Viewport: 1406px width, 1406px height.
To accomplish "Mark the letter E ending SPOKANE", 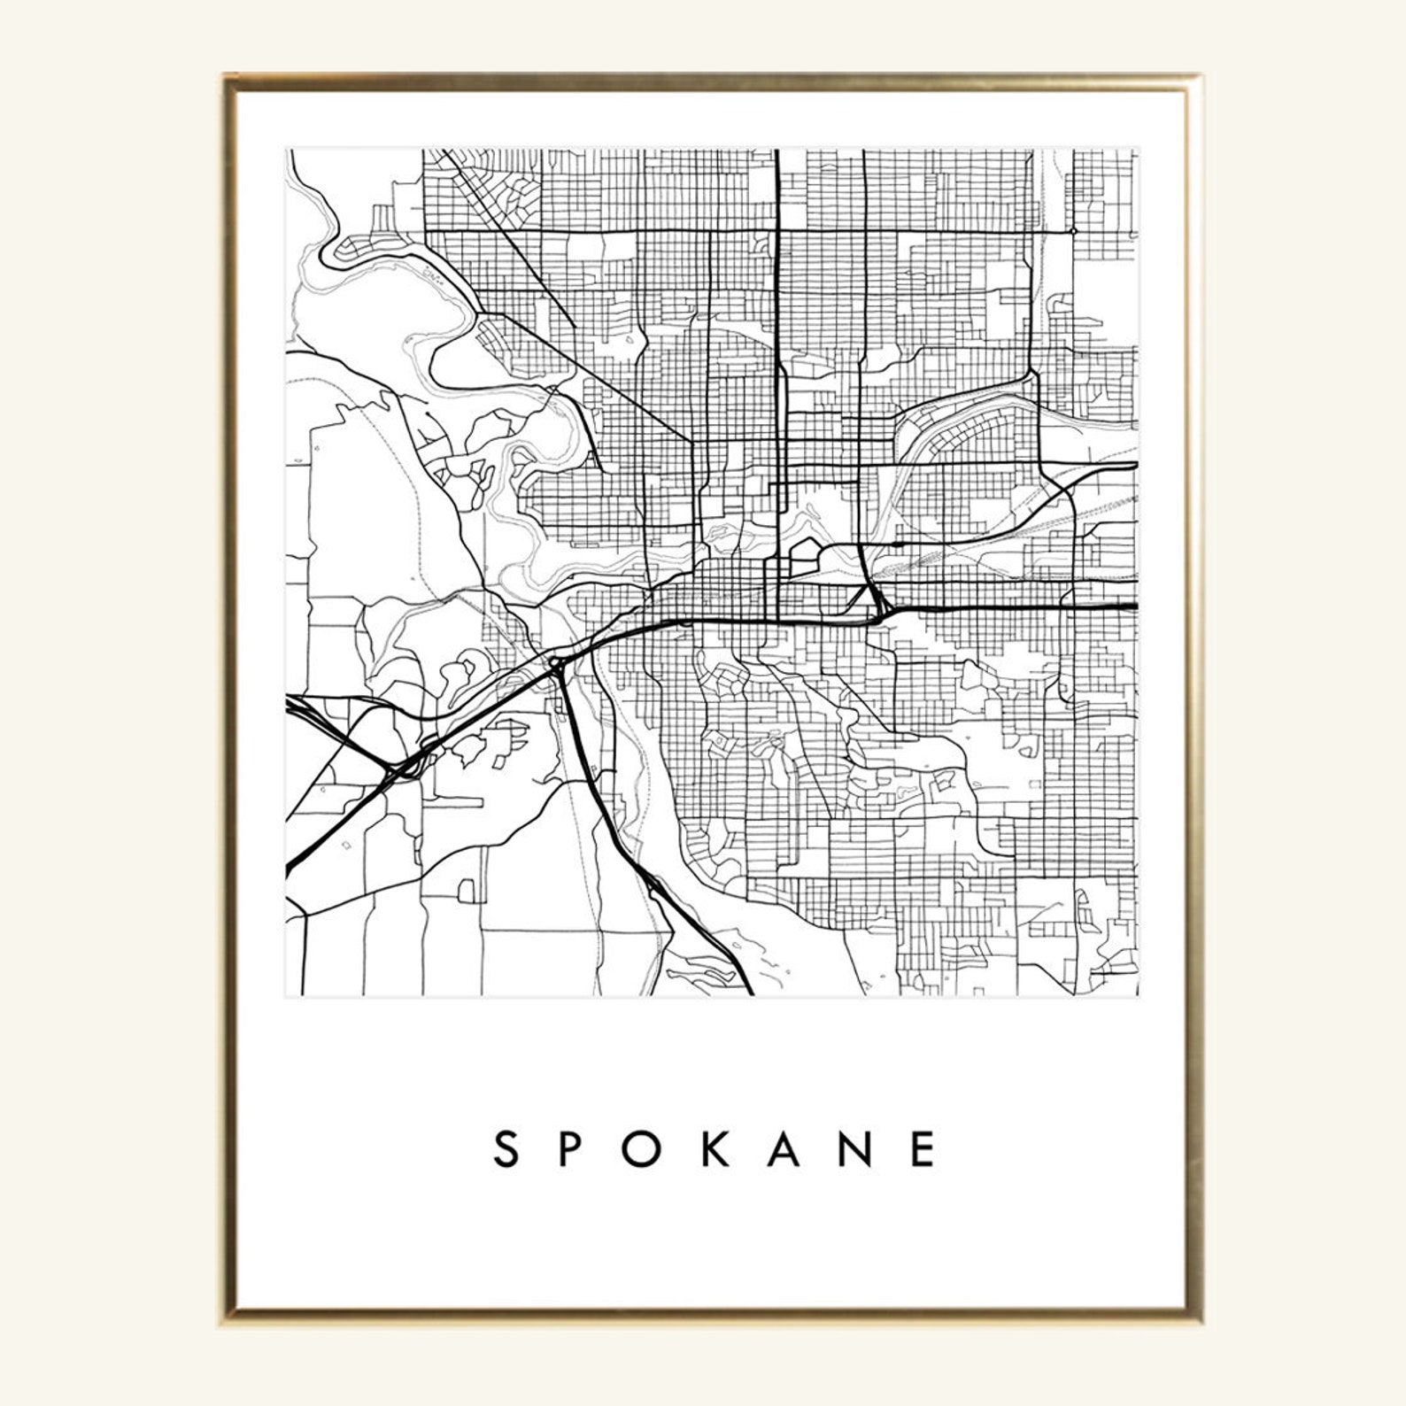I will tap(923, 1150).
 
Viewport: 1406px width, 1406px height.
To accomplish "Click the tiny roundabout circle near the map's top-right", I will tap(1073, 231).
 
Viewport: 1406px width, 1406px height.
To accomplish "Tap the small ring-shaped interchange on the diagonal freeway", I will tap(556, 662).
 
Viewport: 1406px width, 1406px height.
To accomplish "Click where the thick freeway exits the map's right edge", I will tap(1134, 607).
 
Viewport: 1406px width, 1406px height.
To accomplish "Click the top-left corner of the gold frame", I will tap(227, 78).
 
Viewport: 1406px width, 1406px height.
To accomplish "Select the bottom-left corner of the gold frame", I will tap(227, 1322).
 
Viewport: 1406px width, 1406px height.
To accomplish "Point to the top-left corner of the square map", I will tap(286, 150).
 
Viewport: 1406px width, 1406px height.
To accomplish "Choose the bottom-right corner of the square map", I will tap(1138, 995).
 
